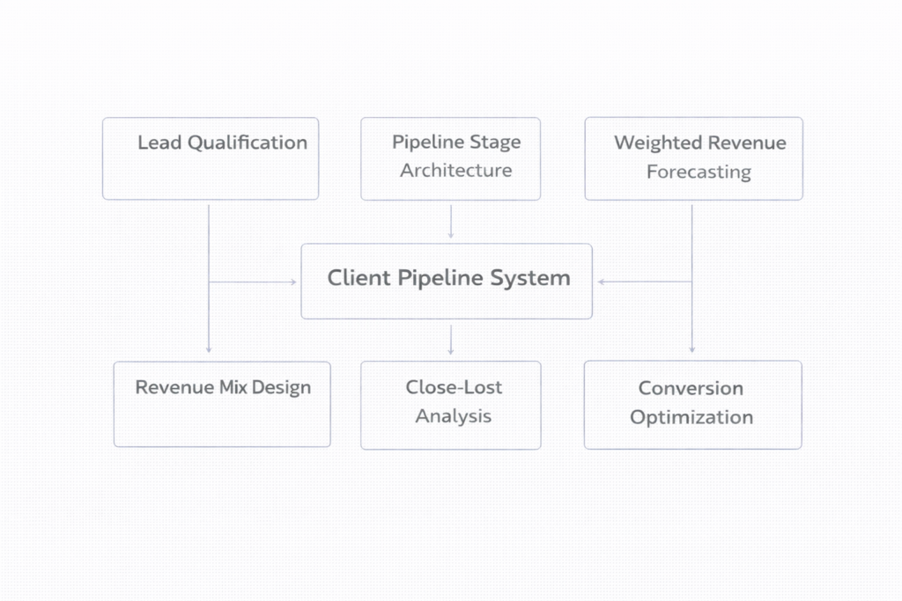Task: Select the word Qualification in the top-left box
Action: coord(248,143)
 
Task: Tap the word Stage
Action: coord(495,143)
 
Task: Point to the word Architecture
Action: coord(455,171)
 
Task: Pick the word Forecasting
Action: coord(699,172)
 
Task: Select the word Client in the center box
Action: coord(357,279)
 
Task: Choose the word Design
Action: coord(281,387)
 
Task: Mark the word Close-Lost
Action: coord(454,387)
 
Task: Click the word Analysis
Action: coord(454,416)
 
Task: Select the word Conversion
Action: coord(691,388)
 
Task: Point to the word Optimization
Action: coord(691,417)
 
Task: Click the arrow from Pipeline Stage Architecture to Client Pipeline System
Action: coord(451,222)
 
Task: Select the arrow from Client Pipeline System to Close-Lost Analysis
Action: coord(451,339)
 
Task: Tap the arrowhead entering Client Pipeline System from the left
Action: coord(293,282)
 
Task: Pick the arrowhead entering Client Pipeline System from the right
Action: coord(602,282)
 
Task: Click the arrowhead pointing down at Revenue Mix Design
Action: coord(209,349)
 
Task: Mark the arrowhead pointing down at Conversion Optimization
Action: coord(691,349)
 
